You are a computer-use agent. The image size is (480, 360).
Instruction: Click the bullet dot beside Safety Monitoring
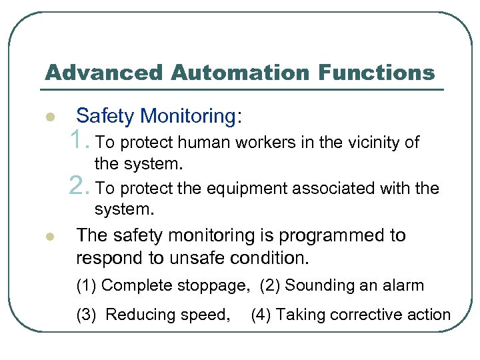point(49,118)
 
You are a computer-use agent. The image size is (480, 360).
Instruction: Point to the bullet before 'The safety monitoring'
point(49,237)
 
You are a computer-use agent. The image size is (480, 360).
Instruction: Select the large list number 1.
point(79,141)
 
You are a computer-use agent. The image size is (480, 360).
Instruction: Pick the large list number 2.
point(79,187)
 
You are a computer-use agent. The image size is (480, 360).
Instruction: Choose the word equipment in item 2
point(244,189)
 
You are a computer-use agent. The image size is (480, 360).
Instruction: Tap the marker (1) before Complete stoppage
point(87,286)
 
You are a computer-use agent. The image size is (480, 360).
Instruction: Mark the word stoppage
point(213,286)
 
